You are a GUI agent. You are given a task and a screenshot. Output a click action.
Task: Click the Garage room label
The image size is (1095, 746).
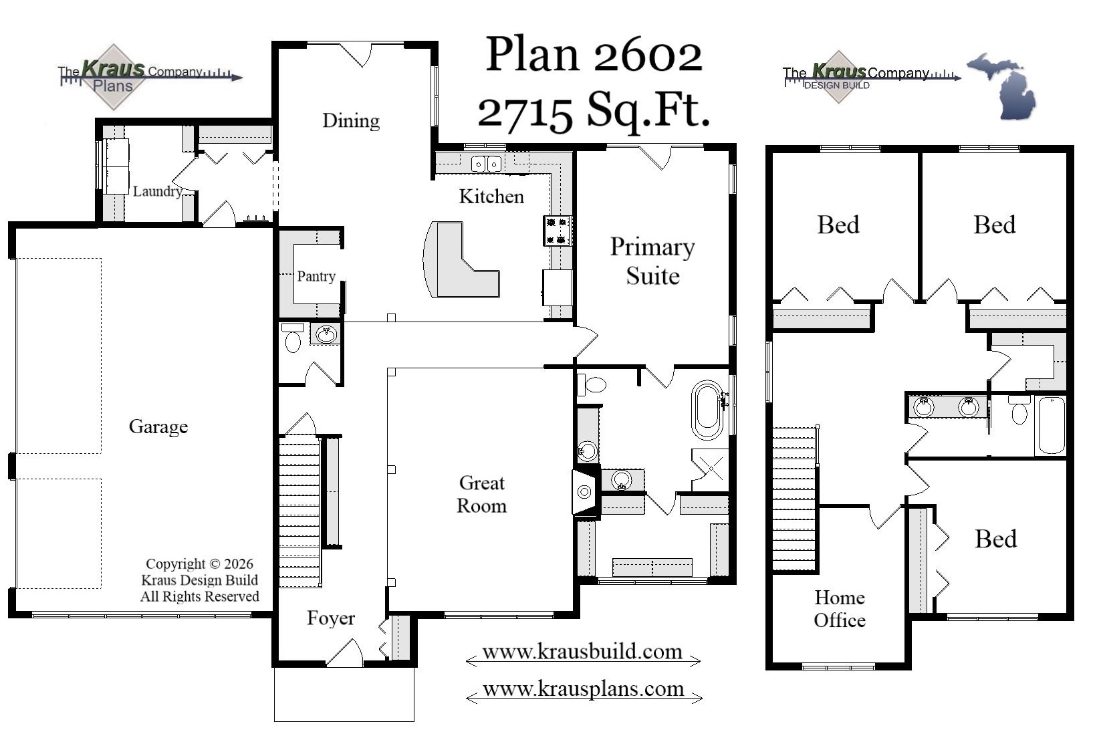coord(158,426)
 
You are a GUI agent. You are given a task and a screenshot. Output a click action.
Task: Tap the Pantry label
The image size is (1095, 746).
coord(316,276)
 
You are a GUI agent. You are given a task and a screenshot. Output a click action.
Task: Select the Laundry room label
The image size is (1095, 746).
coord(157,191)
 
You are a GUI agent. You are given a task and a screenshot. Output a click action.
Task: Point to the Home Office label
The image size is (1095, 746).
coord(839,608)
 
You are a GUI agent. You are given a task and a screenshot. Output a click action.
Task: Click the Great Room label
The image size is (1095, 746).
coord(481,494)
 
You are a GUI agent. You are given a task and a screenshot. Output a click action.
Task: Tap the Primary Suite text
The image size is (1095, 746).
coord(652,261)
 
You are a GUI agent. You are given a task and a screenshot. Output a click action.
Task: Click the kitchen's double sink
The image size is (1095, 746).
coord(486,164)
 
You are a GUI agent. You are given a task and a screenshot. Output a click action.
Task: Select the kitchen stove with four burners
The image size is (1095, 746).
coord(556,231)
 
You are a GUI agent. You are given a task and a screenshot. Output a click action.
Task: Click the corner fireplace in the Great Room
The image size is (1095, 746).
coord(584,492)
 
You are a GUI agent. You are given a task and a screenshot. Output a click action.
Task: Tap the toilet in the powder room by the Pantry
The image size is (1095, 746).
coord(293,339)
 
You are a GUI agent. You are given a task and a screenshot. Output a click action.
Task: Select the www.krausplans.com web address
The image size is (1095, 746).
coord(583,689)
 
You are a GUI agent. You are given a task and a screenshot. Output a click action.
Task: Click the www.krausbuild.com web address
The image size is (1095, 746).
coord(582,652)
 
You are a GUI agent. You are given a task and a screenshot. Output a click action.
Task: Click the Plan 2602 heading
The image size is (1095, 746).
coord(594,55)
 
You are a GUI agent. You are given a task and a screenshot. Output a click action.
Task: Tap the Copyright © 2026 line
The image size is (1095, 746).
coord(199,564)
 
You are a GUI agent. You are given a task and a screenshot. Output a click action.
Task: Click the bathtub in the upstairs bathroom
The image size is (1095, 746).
coord(1050,425)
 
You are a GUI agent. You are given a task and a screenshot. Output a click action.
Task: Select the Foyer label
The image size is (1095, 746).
coord(330,618)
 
